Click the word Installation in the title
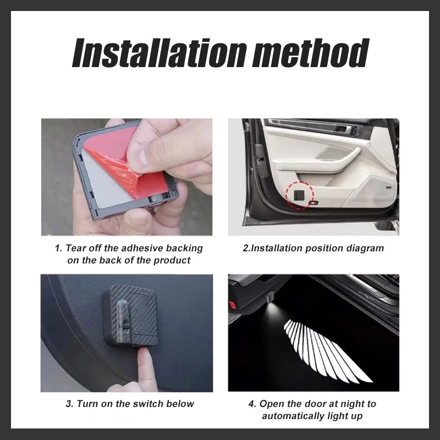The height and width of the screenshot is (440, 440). [159, 53]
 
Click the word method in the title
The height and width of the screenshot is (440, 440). [311, 53]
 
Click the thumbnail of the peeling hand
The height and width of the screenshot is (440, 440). [127, 177]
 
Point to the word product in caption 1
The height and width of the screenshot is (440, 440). [172, 260]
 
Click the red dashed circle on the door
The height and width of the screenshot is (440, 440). [299, 195]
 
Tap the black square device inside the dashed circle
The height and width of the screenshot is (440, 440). [299, 195]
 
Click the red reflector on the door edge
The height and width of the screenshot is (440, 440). [232, 305]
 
